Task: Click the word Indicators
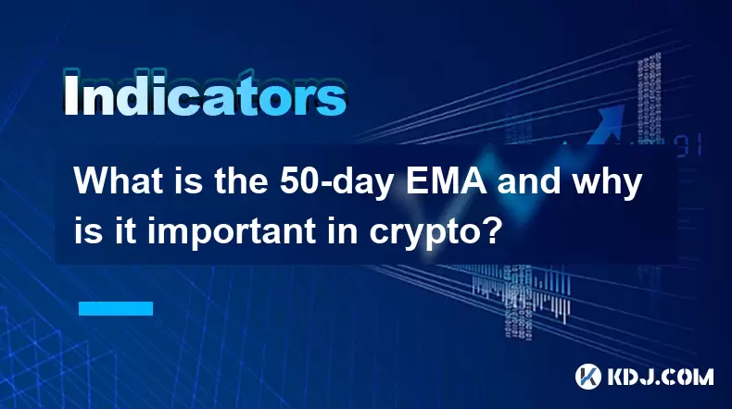click(204, 94)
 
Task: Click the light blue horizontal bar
click(116, 308)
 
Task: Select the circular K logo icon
click(588, 377)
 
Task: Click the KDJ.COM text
click(661, 377)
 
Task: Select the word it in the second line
click(127, 230)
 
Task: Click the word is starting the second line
click(89, 230)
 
